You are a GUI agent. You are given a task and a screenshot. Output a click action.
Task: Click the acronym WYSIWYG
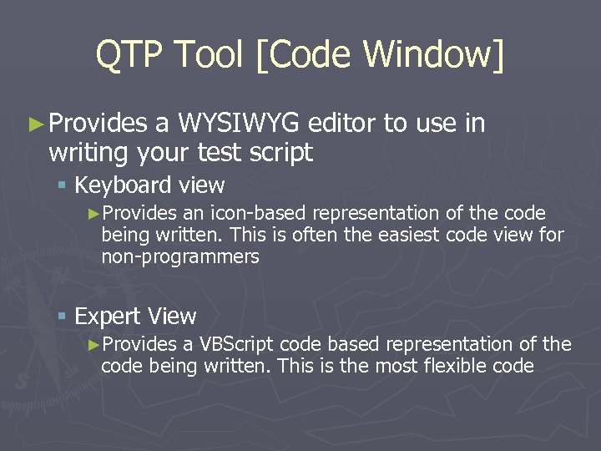tap(238, 124)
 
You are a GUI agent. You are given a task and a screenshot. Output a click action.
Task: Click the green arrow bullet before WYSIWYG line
tap(36, 124)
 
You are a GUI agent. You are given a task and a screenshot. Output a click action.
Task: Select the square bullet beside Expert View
tap(63, 317)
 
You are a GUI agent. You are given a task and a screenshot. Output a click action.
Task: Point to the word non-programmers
tap(180, 257)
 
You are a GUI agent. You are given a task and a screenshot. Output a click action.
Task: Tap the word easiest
tap(396, 235)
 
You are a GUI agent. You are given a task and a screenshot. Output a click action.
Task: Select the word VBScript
tap(237, 344)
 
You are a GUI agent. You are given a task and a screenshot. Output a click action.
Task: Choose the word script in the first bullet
tap(283, 153)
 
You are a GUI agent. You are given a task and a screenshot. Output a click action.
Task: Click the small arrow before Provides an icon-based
tap(93, 214)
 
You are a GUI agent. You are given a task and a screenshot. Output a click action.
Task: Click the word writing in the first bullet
tap(85, 153)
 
